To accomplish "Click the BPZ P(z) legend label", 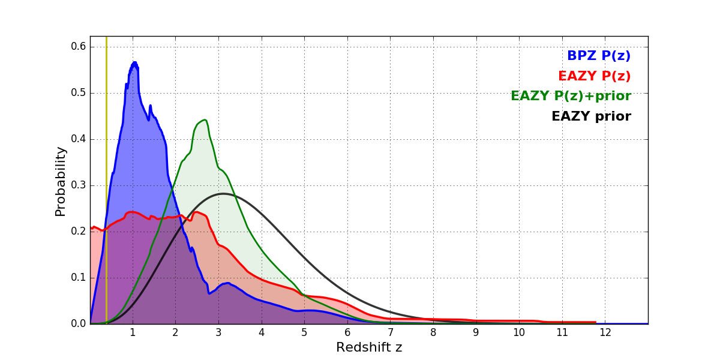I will (x=598, y=56).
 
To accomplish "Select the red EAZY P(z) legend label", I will (x=594, y=77).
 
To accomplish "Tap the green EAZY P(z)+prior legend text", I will (x=571, y=97).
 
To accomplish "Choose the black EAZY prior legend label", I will (x=591, y=117).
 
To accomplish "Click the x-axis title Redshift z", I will (x=369, y=348).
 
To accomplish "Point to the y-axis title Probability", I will (x=61, y=181).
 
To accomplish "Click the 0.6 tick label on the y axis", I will (x=79, y=47).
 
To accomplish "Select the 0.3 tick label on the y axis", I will (x=79, y=185).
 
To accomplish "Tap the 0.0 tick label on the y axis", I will (x=79, y=324).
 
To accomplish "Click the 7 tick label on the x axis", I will (x=390, y=333).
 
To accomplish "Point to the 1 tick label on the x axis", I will (x=133, y=333).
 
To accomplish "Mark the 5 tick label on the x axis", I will (x=304, y=333).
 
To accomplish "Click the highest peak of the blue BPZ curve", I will (x=134, y=62).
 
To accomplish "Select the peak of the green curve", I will (x=205, y=120).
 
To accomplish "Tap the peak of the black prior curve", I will (x=223, y=193).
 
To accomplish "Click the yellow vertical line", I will (x=106, y=180).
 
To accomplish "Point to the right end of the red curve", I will (x=595, y=322).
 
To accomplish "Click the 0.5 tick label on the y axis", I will (x=79, y=93).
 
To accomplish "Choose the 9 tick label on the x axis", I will (x=476, y=333).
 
